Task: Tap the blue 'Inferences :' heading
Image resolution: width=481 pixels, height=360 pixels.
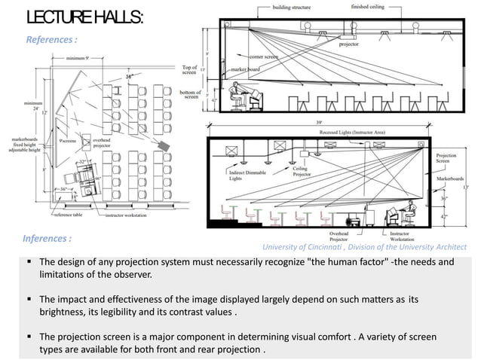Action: (47, 239)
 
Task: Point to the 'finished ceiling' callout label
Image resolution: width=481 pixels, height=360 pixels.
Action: (370, 7)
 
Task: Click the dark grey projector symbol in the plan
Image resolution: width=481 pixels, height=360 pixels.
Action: (164, 142)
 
